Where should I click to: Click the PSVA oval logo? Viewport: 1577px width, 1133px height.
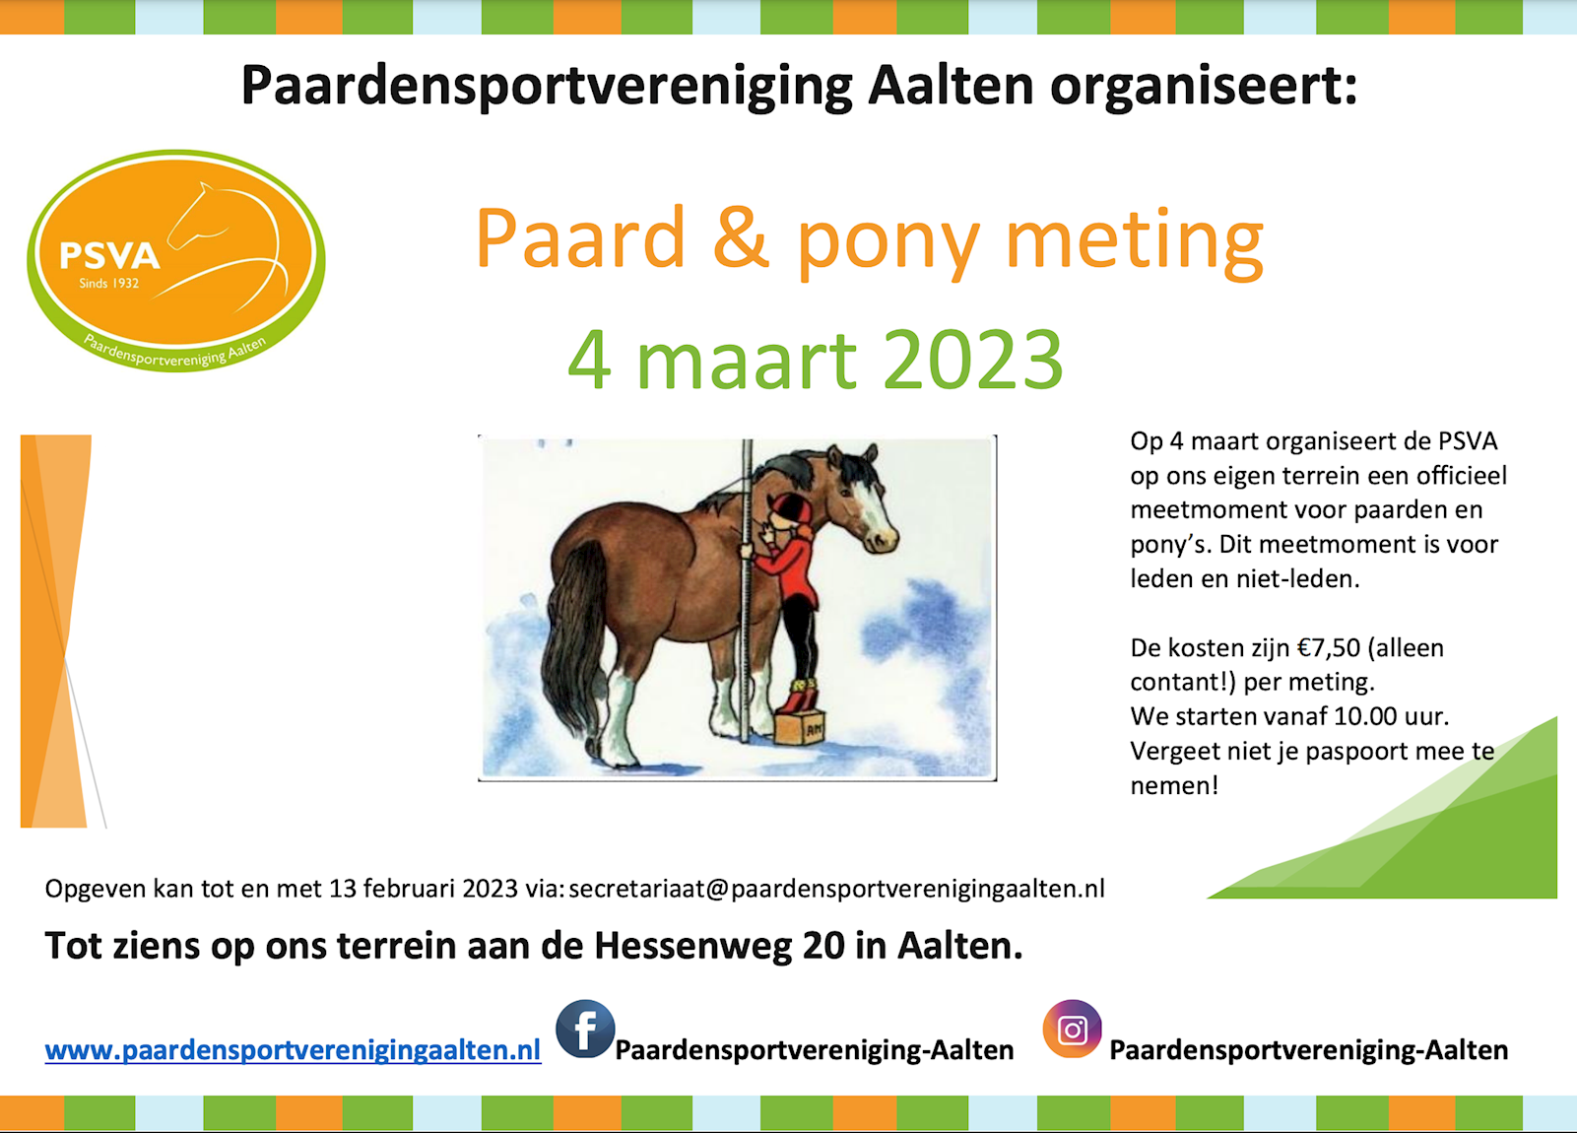tap(176, 260)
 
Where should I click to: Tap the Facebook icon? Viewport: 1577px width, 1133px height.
tap(585, 1029)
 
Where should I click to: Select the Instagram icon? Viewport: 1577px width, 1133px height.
tap(1073, 1029)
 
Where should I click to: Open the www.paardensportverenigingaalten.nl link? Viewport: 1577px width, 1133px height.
tap(293, 1050)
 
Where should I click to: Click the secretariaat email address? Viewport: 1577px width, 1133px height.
tap(837, 889)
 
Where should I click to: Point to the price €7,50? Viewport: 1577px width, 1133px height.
tap(1329, 648)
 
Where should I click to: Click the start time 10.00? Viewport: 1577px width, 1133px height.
tap(1365, 717)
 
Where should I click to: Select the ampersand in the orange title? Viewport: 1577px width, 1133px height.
tap(740, 237)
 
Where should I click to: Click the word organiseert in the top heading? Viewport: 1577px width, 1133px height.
tap(1203, 86)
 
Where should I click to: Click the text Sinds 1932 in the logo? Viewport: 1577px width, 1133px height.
tap(109, 284)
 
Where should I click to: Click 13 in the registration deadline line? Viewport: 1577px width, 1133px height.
tap(342, 889)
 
